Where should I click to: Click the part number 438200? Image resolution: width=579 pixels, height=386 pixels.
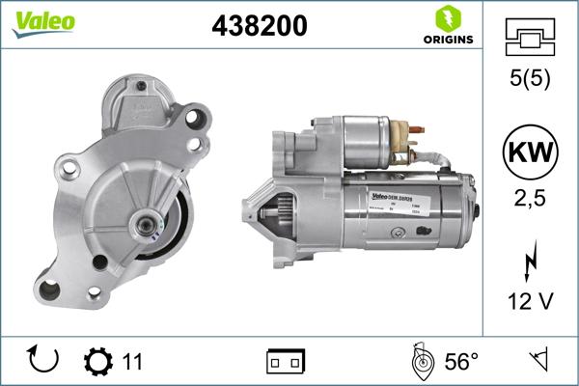point(259,26)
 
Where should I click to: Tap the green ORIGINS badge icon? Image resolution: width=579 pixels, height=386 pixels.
point(447,19)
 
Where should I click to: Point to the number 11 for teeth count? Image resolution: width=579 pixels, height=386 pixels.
point(132,362)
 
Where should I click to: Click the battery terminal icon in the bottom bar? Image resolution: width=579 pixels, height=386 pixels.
point(286,362)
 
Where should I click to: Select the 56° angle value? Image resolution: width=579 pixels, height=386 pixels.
point(461,362)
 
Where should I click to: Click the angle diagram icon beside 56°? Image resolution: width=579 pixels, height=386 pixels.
point(421,362)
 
